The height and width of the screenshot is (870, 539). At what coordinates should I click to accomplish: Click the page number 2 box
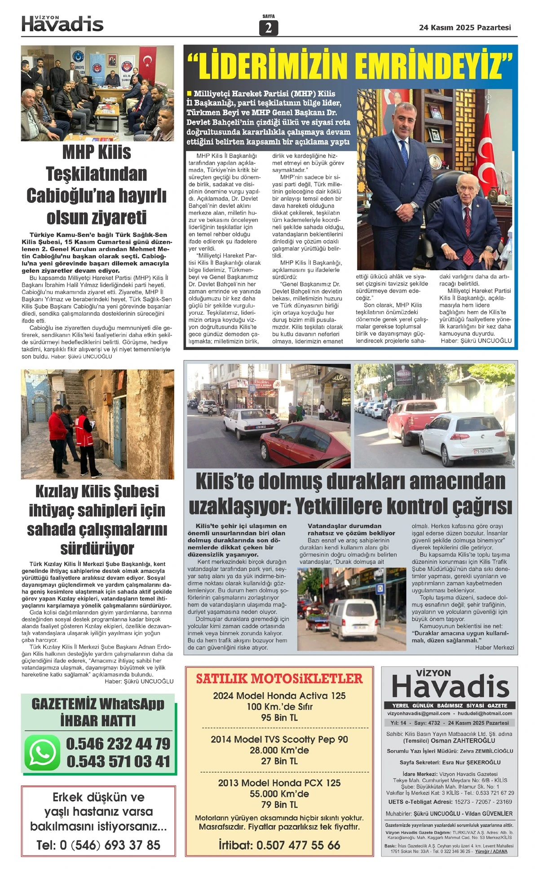[269, 28]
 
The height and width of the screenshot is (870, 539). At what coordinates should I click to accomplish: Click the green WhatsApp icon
[42, 752]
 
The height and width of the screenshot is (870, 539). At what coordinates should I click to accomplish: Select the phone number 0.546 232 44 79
[118, 744]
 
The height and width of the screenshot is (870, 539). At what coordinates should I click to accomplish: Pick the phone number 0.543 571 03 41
[118, 761]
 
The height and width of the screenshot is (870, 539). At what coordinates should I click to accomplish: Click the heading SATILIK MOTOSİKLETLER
[279, 678]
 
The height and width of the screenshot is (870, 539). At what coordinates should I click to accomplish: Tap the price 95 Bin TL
[279, 717]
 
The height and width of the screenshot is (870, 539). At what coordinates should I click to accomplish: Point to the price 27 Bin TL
[279, 761]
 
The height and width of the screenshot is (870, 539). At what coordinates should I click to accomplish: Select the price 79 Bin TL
[279, 804]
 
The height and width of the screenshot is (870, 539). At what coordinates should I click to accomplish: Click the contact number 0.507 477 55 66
[298, 845]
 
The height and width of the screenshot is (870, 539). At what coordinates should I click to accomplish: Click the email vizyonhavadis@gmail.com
[419, 713]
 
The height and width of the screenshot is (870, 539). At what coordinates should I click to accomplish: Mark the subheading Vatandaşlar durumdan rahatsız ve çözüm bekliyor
[345, 529]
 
